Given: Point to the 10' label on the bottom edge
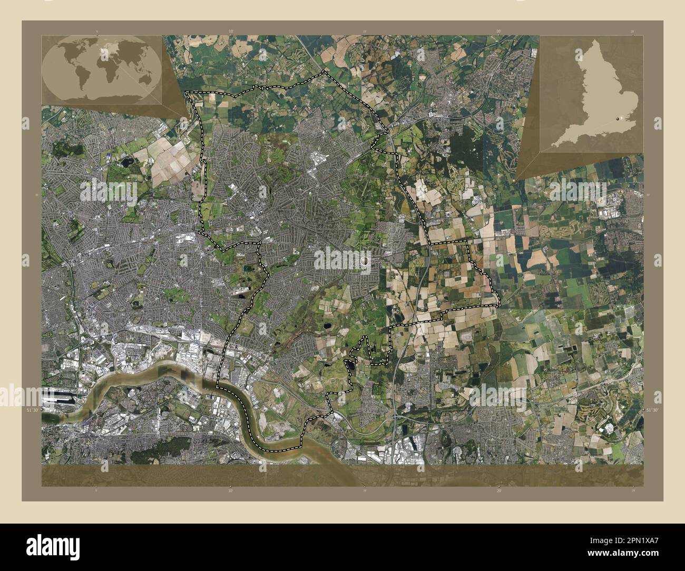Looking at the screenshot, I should [x=231, y=490].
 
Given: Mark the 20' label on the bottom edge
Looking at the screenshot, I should [x=498, y=490].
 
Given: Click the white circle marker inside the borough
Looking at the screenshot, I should [x=366, y=260].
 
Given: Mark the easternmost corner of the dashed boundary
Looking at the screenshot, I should [x=499, y=304].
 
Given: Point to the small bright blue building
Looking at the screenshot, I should [x=109, y=154].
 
